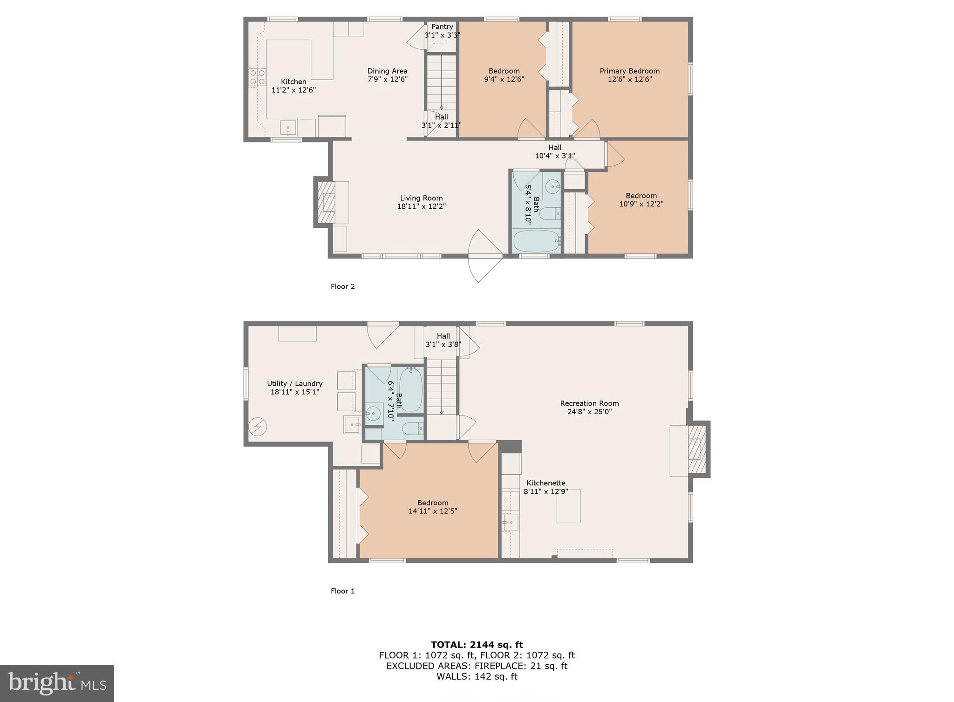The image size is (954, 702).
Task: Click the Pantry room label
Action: pyautogui.click(x=442, y=27)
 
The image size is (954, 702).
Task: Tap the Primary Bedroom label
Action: pyautogui.click(x=629, y=71)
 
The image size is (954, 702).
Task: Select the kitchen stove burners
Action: pyautogui.click(x=257, y=77)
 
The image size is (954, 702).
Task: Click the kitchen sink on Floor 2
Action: pyautogui.click(x=288, y=127)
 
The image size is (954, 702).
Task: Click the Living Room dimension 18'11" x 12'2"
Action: pyautogui.click(x=421, y=206)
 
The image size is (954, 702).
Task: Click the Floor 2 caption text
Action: pyautogui.click(x=342, y=286)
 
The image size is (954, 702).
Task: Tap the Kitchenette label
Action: pyautogui.click(x=545, y=483)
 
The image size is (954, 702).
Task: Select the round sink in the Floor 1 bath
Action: pyautogui.click(x=373, y=413)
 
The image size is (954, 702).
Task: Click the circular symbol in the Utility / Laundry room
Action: pyautogui.click(x=257, y=427)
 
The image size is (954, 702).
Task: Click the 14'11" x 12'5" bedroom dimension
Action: pyautogui.click(x=432, y=511)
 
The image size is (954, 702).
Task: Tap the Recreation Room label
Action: pyautogui.click(x=589, y=403)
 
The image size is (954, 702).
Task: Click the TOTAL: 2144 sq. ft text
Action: pyautogui.click(x=477, y=645)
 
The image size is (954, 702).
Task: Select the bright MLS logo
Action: pyautogui.click(x=57, y=683)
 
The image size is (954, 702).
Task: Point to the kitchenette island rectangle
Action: pyautogui.click(x=568, y=505)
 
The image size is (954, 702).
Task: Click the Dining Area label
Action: pyautogui.click(x=387, y=71)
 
